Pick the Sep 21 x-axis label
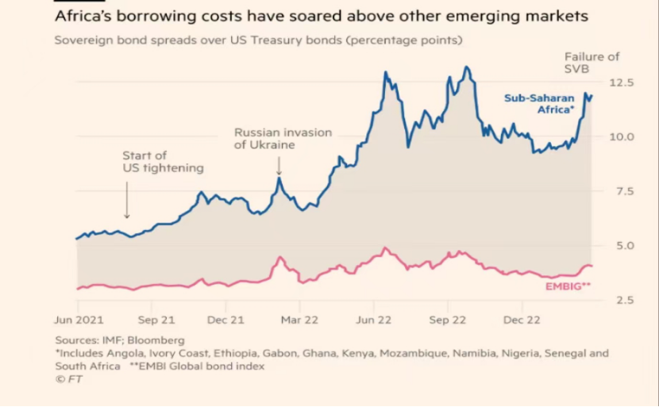pos(156,321)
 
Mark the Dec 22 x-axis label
pos(521,321)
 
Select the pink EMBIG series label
pos(568,286)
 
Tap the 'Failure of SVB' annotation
pos(592,63)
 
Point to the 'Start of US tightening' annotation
pos(163,162)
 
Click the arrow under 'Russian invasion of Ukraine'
pos(279,165)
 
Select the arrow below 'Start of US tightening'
pos(126,201)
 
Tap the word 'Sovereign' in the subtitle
pos(83,40)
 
